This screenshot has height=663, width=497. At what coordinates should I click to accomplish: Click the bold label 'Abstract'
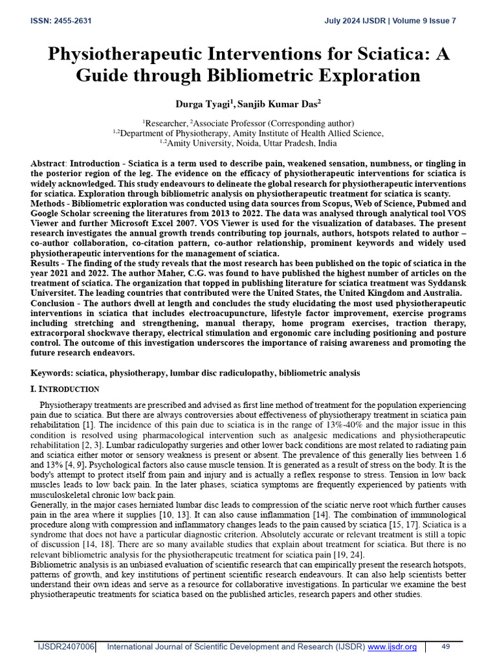click(x=48, y=164)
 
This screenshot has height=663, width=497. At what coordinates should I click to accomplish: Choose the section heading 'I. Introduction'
click(x=65, y=389)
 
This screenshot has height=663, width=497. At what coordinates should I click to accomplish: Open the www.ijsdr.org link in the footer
click(x=392, y=647)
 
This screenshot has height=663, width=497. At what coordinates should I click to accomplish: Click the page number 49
click(x=445, y=647)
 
